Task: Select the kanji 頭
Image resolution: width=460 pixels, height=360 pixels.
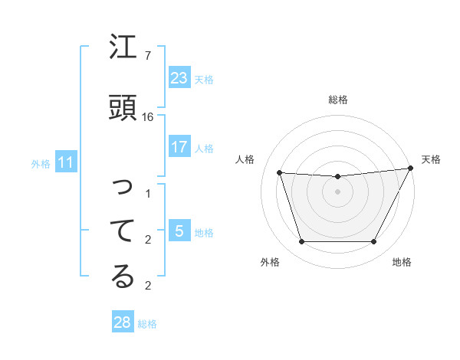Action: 123,106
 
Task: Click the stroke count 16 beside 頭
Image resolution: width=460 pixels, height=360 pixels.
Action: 148,116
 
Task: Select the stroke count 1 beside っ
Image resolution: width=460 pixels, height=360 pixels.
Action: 148,194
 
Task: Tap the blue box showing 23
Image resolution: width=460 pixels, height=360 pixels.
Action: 179,78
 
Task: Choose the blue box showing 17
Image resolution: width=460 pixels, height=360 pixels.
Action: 179,147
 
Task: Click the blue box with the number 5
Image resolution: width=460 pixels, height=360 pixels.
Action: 179,231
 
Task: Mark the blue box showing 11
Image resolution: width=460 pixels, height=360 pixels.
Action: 66,162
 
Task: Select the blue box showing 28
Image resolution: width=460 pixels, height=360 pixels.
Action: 123,322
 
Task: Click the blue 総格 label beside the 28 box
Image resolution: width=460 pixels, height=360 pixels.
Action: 147,324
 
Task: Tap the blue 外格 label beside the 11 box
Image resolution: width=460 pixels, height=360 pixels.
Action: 41,164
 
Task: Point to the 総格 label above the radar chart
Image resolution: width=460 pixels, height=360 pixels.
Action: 338,100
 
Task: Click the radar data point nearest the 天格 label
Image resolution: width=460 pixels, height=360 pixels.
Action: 411,169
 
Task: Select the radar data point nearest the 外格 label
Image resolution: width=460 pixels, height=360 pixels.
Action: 301,242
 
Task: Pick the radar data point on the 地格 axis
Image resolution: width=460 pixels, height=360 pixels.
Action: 373,242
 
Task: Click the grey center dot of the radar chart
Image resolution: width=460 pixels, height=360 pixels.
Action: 337,191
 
